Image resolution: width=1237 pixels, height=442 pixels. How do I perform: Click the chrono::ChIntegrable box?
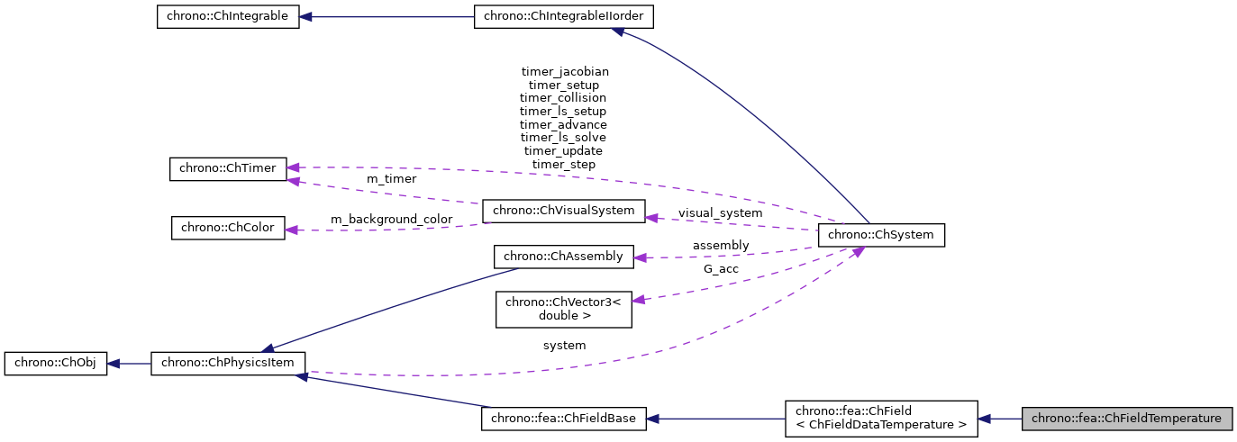(x=228, y=17)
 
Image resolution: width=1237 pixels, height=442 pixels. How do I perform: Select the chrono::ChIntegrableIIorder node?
(x=564, y=17)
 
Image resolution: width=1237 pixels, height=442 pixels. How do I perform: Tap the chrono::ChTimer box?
(x=228, y=168)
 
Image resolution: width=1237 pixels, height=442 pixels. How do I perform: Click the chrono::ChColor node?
(x=228, y=228)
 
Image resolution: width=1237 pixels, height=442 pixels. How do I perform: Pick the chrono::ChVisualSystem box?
(x=564, y=212)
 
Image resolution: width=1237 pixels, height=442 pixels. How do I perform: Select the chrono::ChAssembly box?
(x=564, y=257)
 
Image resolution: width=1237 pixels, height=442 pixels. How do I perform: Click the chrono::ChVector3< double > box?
(x=564, y=309)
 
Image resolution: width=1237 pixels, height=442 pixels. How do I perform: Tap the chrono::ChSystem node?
(x=880, y=235)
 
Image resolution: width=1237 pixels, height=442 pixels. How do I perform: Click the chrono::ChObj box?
(x=56, y=364)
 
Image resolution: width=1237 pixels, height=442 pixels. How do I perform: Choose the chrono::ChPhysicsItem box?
(x=228, y=364)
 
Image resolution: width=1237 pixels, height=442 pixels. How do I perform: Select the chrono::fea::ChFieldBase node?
(x=564, y=419)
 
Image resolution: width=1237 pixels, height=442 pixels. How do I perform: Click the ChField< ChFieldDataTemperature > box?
(x=880, y=419)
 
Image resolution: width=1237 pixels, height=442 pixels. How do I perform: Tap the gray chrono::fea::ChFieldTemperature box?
(x=1126, y=419)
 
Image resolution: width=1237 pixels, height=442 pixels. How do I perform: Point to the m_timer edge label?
(x=391, y=179)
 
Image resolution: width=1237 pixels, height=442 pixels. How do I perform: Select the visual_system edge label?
(x=720, y=213)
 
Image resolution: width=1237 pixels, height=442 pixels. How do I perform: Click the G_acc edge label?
(x=720, y=268)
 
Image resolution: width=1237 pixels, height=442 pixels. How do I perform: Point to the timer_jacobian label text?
(x=564, y=71)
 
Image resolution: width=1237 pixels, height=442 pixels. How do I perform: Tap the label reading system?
(x=564, y=345)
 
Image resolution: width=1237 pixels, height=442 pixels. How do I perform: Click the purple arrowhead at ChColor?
(x=292, y=230)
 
